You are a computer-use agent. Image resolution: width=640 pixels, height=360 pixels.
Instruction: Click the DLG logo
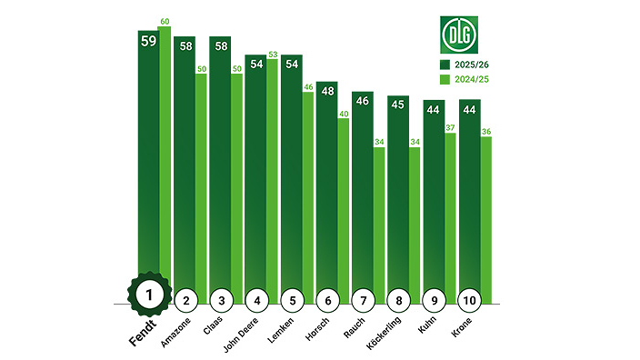459,35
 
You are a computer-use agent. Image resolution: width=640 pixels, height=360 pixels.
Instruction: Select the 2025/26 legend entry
469,65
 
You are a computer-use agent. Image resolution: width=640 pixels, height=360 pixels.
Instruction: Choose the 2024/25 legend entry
469,80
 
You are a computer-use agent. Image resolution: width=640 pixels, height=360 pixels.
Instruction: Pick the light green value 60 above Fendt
165,21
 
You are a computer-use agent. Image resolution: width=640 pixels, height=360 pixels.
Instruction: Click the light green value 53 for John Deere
272,54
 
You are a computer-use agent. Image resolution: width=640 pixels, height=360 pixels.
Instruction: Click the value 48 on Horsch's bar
327,91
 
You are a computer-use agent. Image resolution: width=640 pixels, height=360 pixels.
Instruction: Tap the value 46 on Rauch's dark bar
363,102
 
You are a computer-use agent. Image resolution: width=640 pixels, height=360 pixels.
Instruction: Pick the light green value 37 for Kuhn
448,127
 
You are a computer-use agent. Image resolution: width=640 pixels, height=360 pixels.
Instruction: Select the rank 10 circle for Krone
469,299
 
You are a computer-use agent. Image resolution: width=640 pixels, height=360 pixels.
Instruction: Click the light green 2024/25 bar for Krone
485,218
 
